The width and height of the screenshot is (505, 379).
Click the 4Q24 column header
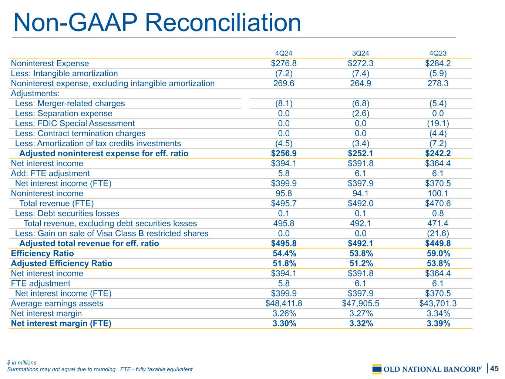(x=283, y=53)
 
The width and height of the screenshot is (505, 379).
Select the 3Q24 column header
(x=360, y=53)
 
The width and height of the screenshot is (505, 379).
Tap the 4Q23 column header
(x=438, y=53)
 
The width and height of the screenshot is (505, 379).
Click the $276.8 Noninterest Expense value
(x=284, y=63)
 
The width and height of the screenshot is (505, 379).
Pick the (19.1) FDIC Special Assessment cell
(x=438, y=124)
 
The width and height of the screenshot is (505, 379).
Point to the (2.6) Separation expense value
(x=360, y=114)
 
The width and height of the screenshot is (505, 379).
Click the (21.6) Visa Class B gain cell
(x=438, y=234)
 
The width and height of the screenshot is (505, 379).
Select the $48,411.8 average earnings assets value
(x=284, y=303)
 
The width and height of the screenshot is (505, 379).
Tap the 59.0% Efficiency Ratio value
(x=438, y=254)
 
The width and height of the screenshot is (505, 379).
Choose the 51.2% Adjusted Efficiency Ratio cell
(x=361, y=264)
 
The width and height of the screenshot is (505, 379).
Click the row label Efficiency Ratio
(x=42, y=254)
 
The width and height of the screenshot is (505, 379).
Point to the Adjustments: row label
(x=35, y=93)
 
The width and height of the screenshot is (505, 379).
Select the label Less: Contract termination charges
(x=80, y=134)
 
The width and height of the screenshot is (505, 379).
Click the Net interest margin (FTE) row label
(x=61, y=323)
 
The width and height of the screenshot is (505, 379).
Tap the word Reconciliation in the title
(x=223, y=23)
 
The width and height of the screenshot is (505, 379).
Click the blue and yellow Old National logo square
(x=377, y=369)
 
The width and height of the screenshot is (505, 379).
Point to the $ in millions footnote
(x=21, y=362)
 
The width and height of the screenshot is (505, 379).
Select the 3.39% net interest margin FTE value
(x=438, y=323)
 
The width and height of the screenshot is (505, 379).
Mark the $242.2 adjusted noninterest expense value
(x=438, y=154)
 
